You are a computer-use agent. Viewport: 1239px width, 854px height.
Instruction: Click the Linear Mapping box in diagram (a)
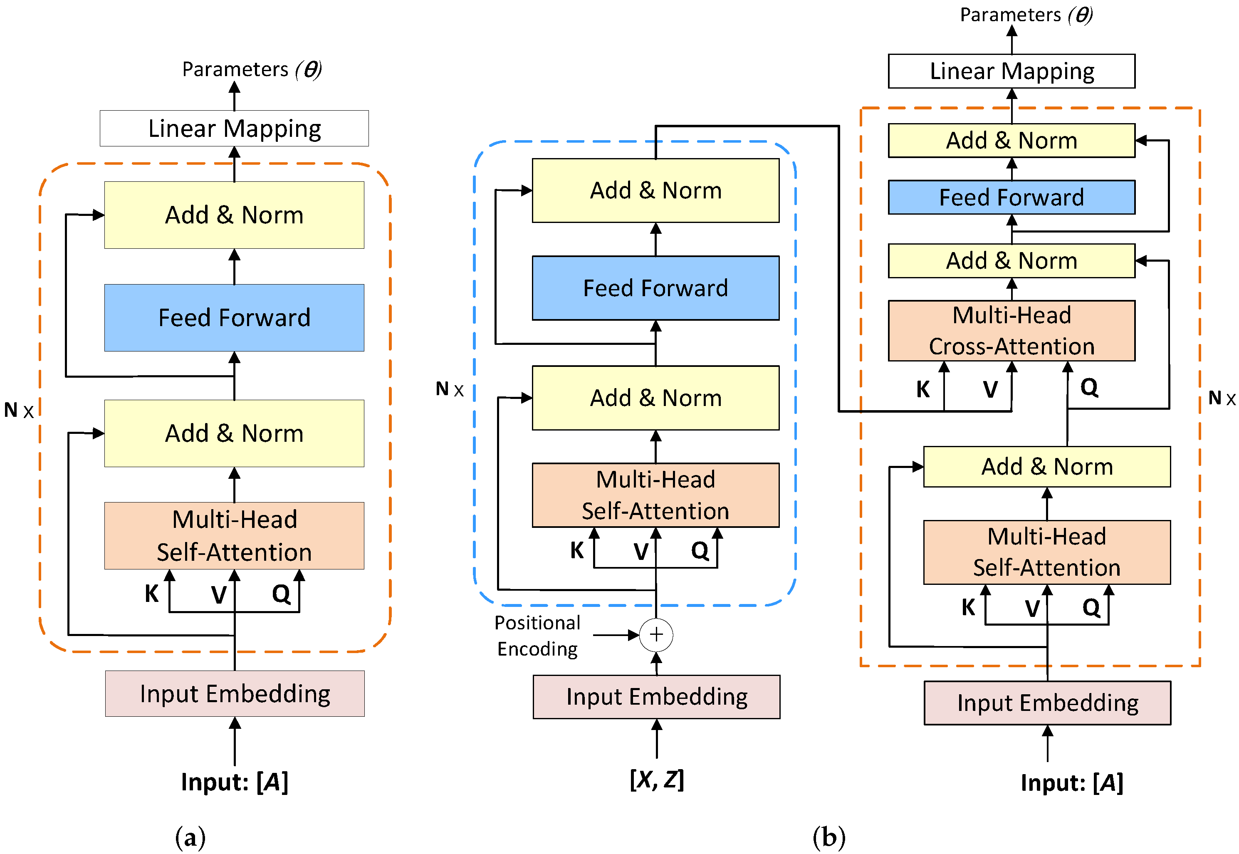[x=234, y=129]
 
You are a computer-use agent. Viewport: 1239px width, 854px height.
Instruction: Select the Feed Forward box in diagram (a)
[x=234, y=317]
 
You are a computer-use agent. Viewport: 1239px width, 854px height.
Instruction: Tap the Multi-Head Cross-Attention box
[x=1011, y=330]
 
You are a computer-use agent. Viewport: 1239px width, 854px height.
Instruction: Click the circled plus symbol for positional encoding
[x=656, y=635]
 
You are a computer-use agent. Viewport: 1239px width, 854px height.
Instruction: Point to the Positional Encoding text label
[x=537, y=636]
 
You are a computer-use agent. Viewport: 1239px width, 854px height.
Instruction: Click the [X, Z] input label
[x=656, y=780]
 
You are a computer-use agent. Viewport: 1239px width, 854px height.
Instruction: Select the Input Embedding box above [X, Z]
[x=656, y=697]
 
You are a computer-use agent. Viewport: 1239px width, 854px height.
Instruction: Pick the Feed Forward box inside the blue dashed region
[x=655, y=288]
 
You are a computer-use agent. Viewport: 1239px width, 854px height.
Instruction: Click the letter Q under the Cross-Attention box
[x=1089, y=387]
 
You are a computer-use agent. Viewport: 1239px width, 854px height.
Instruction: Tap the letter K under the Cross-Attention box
[x=923, y=389]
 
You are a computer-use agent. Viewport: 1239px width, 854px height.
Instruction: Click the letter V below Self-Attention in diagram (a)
[x=218, y=594]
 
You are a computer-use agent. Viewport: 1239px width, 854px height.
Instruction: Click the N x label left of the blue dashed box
[x=449, y=389]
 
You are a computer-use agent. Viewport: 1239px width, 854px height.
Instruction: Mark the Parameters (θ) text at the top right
[x=1026, y=15]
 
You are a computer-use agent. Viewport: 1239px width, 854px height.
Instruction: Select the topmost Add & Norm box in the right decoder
[x=1011, y=140]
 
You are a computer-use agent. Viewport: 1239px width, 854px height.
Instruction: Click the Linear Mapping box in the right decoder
[x=1011, y=71]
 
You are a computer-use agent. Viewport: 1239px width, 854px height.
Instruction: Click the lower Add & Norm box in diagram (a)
[x=234, y=433]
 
